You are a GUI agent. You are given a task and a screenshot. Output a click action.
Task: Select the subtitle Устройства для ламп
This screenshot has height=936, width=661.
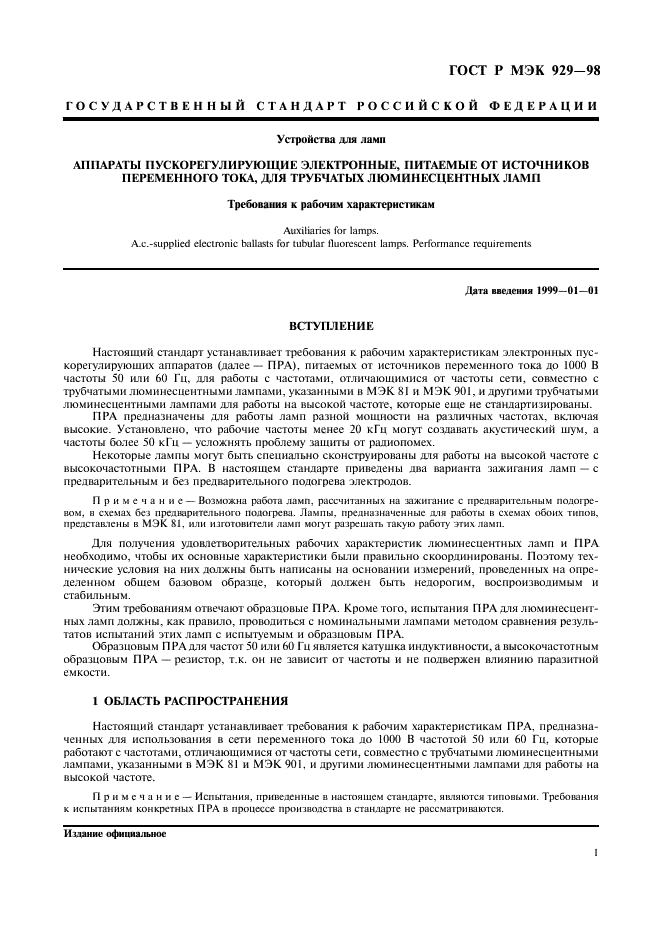(331, 138)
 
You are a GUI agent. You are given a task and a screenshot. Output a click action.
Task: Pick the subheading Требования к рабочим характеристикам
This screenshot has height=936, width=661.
(331, 203)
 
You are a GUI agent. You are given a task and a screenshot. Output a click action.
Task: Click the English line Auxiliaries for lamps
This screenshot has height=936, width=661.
(331, 229)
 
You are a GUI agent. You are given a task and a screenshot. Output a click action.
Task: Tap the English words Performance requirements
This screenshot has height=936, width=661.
(475, 243)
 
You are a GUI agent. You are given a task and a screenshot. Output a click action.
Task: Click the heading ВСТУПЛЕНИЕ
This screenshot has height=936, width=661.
(331, 326)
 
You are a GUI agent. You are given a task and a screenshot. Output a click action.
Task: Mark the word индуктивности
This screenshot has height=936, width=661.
(427, 646)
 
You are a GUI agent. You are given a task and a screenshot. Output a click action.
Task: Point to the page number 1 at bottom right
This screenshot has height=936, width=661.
(595, 853)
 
